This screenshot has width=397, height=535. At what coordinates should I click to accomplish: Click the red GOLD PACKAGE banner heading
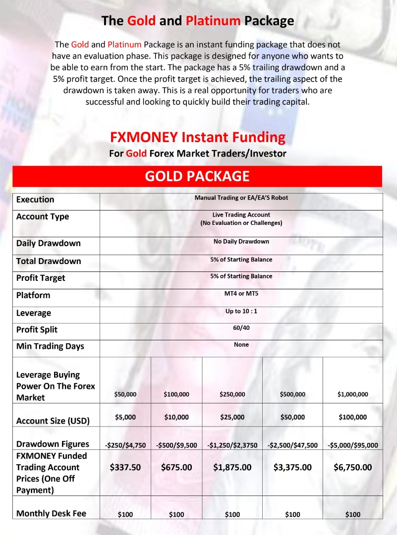click(197, 176)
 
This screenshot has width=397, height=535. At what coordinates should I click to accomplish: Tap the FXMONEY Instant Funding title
click(197, 137)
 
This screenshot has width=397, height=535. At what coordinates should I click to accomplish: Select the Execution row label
click(35, 200)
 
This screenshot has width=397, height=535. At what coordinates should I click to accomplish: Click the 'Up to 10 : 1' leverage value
click(241, 311)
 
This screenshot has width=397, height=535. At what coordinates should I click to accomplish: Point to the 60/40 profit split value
click(241, 328)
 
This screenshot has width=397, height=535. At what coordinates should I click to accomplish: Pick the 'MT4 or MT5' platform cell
click(241, 293)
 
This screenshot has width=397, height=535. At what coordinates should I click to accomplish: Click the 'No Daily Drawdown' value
click(241, 242)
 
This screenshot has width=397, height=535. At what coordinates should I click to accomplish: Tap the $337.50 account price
click(125, 467)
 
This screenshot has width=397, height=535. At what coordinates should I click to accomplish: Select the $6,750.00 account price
click(352, 467)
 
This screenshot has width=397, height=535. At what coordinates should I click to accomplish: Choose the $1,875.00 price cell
click(232, 467)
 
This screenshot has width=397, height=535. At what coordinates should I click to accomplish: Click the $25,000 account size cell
click(232, 417)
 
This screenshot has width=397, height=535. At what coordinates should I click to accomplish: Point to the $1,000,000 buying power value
click(352, 394)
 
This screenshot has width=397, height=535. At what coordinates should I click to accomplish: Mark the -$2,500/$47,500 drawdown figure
click(292, 445)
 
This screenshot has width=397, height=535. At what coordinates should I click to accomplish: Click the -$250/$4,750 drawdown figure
click(125, 445)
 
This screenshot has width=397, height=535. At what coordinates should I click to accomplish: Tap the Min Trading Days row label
click(50, 346)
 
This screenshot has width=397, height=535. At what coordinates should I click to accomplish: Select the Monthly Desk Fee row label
click(51, 513)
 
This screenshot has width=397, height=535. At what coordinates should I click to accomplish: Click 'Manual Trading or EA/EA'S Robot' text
click(241, 198)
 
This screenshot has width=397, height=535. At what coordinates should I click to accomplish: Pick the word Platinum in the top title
click(213, 21)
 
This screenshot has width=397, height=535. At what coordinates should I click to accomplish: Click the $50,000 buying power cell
click(125, 394)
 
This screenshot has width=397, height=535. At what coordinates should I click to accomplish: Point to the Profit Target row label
click(41, 278)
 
